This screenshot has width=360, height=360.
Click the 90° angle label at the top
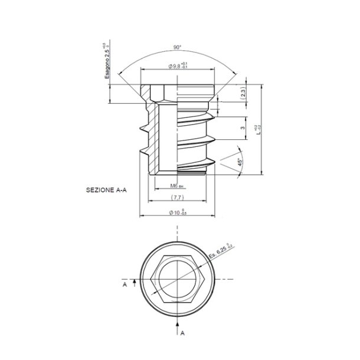point(177,47)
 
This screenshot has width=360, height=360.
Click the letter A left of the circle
point(125,284)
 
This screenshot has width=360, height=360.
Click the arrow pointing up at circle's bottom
point(177,324)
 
